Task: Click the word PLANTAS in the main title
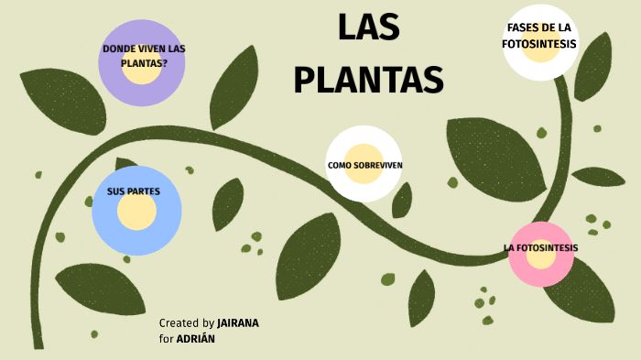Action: click(x=368, y=80)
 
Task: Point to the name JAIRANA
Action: click(x=239, y=323)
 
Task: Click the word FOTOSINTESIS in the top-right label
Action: click(x=539, y=43)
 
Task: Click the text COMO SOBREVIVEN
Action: click(x=364, y=166)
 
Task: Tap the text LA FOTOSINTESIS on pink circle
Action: click(x=541, y=247)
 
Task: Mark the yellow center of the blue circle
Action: click(x=136, y=212)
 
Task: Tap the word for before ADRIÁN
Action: click(x=167, y=338)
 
